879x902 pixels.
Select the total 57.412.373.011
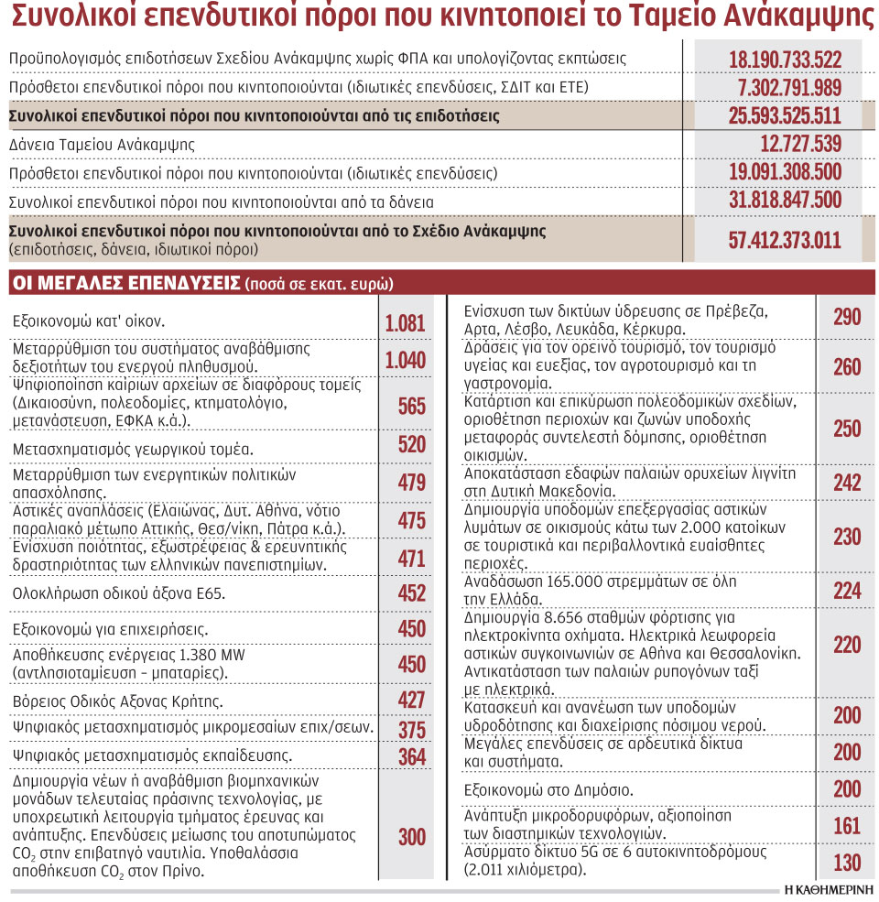(x=785, y=241)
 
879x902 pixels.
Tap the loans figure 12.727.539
(x=800, y=145)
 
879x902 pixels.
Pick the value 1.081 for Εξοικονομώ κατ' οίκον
(x=405, y=322)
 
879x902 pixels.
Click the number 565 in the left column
(x=412, y=407)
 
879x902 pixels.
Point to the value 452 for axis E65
(x=412, y=593)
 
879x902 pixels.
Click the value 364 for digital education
(x=412, y=756)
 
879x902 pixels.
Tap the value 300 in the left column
(x=412, y=836)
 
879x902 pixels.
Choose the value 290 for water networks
(x=847, y=318)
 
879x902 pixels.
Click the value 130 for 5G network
(x=847, y=862)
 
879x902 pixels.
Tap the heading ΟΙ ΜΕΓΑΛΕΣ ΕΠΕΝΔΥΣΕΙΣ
(x=125, y=282)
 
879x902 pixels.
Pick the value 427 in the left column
(x=412, y=701)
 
